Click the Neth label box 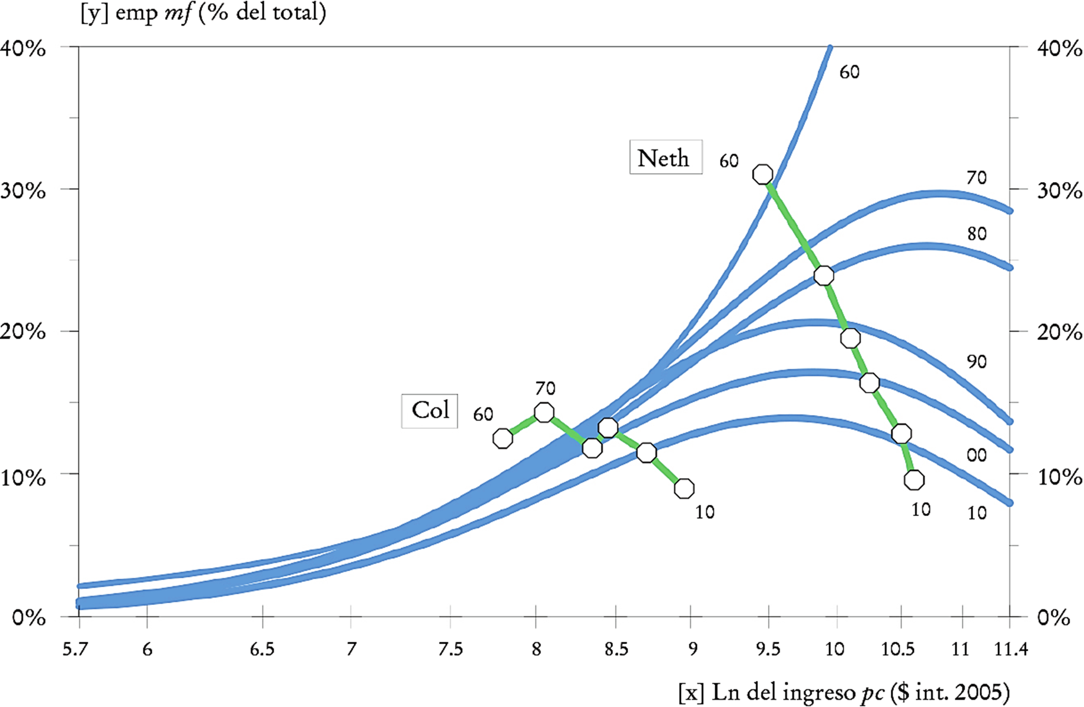click(x=665, y=157)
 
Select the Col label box click(x=430, y=410)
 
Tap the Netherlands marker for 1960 click(x=763, y=174)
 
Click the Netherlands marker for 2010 click(x=914, y=480)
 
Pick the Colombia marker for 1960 click(x=503, y=438)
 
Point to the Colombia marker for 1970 click(x=544, y=412)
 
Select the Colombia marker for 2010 click(x=685, y=488)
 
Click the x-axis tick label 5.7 click(x=75, y=650)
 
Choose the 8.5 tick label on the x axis click(x=616, y=650)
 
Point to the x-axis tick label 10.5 click(x=898, y=650)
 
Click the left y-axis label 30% click(x=23, y=190)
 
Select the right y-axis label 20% click(x=1060, y=332)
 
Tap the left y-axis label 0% click(x=28, y=618)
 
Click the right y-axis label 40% click(x=1060, y=49)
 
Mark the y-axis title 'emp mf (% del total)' click(x=203, y=12)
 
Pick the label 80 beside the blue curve click(x=977, y=234)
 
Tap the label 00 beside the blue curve click(x=977, y=456)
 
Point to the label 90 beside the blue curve click(x=977, y=362)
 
